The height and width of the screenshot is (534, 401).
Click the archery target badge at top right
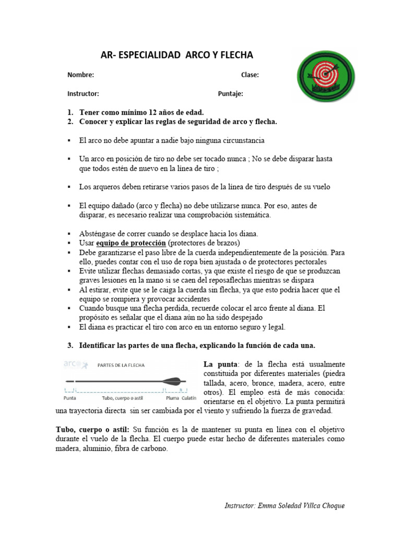pyautogui.click(x=328, y=76)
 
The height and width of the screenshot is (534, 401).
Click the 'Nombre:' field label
pyautogui.click(x=80, y=75)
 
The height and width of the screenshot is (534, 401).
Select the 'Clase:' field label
pyautogui.click(x=250, y=75)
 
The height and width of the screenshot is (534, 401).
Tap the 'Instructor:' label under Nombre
pyautogui.click(x=83, y=94)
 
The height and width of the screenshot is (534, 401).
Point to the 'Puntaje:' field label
pyautogui.click(x=230, y=94)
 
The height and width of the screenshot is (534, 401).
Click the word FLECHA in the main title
pyautogui.click(x=232, y=55)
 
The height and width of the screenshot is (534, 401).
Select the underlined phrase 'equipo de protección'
pyautogui.click(x=131, y=244)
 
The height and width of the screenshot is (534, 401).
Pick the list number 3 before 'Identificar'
pyautogui.click(x=69, y=346)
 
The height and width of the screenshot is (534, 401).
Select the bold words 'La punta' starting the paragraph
pyautogui.click(x=219, y=363)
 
